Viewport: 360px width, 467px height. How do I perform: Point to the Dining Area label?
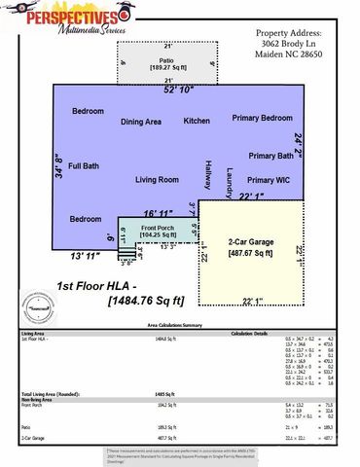(140, 122)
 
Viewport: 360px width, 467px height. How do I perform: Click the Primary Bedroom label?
(262, 118)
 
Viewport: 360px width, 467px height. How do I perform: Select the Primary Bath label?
(270, 156)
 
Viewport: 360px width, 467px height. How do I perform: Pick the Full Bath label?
(83, 166)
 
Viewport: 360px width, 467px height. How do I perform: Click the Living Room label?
(157, 180)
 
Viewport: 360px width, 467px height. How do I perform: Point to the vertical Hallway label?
(207, 175)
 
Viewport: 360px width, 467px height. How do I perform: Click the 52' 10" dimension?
(179, 90)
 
